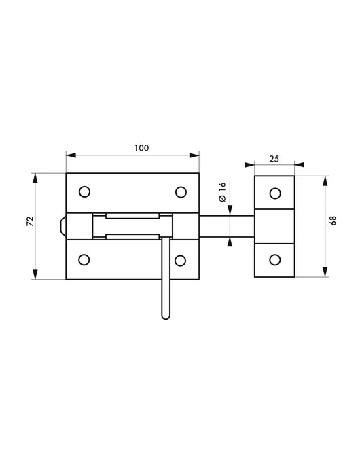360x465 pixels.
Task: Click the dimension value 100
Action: [141, 147]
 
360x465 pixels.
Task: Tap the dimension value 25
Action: [274, 159]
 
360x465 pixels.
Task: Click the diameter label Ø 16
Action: [221, 191]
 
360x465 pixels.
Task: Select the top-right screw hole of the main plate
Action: [181, 192]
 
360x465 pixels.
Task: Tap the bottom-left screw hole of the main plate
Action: [85, 259]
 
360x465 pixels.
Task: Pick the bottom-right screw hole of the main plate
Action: [181, 259]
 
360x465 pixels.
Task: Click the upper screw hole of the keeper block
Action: [274, 193]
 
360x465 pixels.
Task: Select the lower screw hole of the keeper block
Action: [274, 259]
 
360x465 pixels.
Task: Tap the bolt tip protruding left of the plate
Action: [62, 225]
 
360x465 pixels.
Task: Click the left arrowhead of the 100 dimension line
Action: [69, 155]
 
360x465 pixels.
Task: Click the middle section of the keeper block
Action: [274, 225]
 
